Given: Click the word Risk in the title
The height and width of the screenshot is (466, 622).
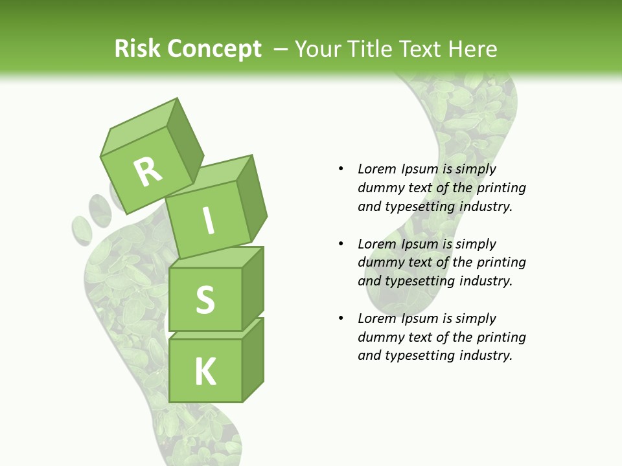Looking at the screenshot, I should (137, 49).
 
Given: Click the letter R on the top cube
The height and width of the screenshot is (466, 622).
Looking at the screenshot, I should (148, 172).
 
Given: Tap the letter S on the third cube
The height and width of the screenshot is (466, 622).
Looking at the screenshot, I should (205, 300).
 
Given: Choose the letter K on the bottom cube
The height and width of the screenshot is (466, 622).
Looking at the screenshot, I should (205, 371).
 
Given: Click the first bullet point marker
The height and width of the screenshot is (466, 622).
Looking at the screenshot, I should (341, 169).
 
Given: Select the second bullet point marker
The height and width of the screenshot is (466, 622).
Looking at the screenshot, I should (341, 244).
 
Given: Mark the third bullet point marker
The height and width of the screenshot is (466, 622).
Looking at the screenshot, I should (341, 318).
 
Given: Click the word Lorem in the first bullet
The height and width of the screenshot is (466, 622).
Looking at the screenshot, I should (376, 169).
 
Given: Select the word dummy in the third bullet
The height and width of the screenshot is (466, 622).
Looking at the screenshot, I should (380, 337).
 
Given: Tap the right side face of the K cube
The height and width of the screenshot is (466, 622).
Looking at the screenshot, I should (253, 360).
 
